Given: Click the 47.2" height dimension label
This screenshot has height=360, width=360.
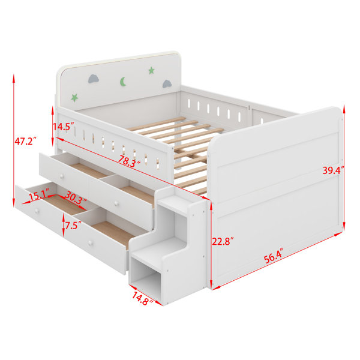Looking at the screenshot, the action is coord(25,141).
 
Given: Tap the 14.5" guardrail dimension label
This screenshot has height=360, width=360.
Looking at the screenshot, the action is coord(64,127).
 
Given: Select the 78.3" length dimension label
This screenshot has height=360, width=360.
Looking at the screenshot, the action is coord(129,161).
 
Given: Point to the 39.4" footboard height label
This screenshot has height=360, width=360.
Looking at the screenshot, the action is coord(334,170).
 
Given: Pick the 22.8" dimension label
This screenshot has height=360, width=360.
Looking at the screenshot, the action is coord(223,241).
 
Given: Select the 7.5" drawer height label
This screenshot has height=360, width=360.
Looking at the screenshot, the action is coord(73,226).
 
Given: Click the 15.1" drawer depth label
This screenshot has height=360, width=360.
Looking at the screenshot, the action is coord(39,196).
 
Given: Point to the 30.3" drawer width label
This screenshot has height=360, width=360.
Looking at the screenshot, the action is coord(76,197).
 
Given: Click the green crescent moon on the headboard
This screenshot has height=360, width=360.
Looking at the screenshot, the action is coord(123,82).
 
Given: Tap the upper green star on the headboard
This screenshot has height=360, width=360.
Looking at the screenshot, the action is coord(151,70).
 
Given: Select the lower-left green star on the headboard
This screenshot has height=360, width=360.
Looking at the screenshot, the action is coord(74,98).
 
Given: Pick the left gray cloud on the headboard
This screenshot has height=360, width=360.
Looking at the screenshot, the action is coord(94,79).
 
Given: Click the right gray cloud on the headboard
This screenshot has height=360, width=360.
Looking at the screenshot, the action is coord(167,84).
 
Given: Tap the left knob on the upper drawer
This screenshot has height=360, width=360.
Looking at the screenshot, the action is coord(62,176).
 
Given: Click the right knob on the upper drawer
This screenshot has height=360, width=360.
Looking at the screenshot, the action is coord(116,203).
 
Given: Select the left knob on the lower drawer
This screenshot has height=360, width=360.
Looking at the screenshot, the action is coord(36,211).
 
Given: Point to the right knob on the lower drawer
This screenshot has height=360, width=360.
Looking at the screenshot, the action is coord(90,243).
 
